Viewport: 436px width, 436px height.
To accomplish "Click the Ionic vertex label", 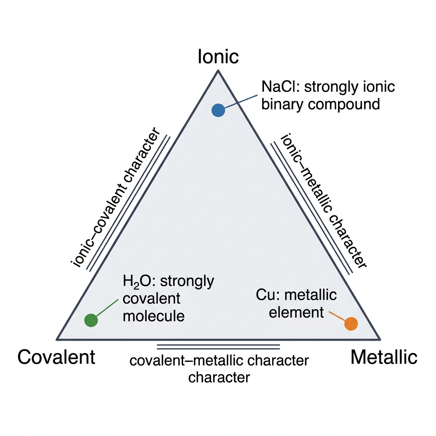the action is click(x=218, y=57).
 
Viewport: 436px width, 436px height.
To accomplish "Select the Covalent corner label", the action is click(x=57, y=357).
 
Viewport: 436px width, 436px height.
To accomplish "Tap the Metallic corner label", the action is click(x=384, y=357).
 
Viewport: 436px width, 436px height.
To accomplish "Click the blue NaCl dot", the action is click(x=218, y=110).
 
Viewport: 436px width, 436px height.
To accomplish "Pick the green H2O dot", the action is click(x=91, y=320).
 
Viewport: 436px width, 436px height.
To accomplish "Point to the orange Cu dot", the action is click(x=351, y=324).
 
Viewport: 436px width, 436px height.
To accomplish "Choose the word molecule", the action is click(x=153, y=316).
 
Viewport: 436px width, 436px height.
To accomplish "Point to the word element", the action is click(x=296, y=313).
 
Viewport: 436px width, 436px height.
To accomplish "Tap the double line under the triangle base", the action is click(x=218, y=347).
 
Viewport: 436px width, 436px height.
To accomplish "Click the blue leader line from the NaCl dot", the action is click(x=241, y=101).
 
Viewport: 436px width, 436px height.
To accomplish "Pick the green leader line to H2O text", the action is click(x=107, y=308).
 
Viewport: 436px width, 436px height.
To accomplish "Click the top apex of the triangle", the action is click(x=218, y=70).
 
